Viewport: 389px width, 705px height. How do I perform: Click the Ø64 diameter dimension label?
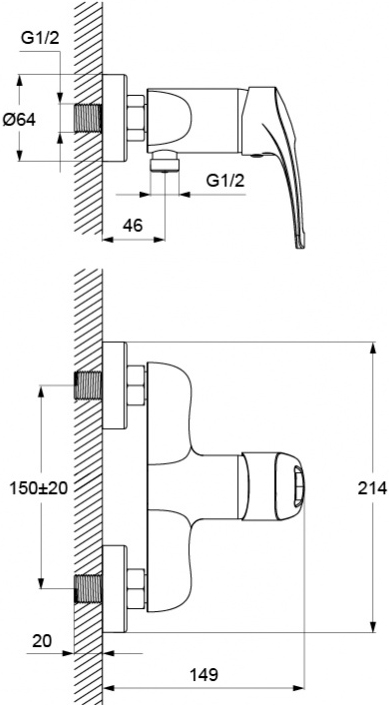coord(19,120)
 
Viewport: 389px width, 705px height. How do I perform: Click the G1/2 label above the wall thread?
coord(40,38)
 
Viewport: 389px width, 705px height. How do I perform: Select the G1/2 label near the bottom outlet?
coord(225,181)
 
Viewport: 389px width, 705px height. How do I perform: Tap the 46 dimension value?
coord(132,225)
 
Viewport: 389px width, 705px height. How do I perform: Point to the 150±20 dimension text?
coord(39,487)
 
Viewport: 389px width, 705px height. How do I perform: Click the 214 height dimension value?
coord(372,487)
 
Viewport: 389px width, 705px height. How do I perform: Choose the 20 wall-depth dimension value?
coord(42,641)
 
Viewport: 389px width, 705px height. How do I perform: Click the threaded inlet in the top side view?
coord(88,118)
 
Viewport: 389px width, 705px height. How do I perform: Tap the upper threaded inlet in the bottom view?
coord(88,385)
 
